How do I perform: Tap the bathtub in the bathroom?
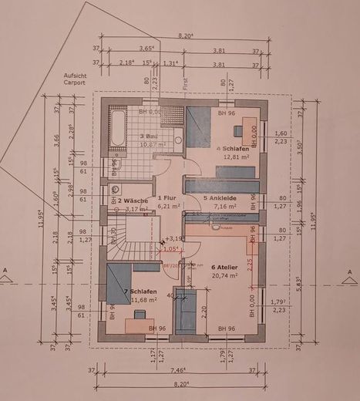click(x=116, y=128)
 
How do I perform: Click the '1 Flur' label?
click(x=167, y=197)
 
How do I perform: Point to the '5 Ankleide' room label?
click(x=219, y=197)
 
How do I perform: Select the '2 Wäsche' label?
click(x=132, y=200)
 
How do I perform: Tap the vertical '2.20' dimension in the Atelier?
click(x=204, y=313)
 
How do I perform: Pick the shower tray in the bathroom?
click(x=173, y=117)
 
